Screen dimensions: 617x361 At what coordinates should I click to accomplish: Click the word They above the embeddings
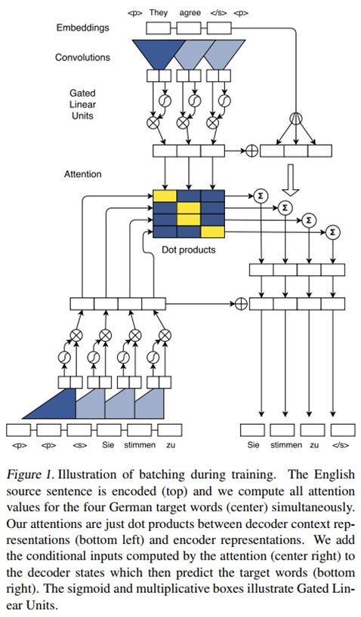[159, 12]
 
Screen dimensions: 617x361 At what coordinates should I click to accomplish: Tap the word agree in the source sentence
[190, 12]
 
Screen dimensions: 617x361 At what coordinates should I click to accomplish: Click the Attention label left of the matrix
[82, 174]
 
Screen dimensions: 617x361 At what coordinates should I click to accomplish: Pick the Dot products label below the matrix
[189, 249]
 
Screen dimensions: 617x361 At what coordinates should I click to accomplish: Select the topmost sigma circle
[261, 196]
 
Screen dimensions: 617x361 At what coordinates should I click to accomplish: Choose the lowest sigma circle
[333, 232]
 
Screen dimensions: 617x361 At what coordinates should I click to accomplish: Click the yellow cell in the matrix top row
[165, 197]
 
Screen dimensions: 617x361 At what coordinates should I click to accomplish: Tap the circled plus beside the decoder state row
[241, 304]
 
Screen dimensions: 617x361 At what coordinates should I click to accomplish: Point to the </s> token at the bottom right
[340, 445]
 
